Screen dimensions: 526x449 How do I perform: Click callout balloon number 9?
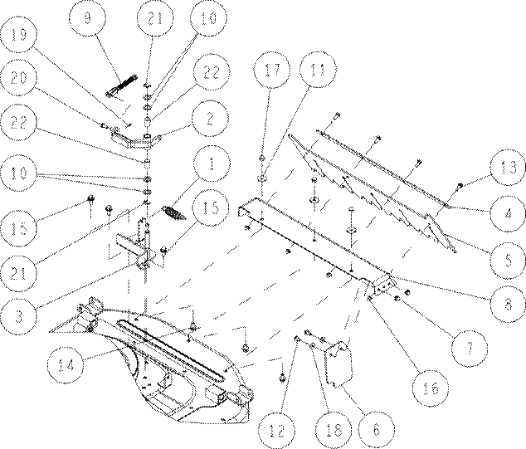(x=88, y=17)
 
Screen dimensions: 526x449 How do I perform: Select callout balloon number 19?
(x=18, y=35)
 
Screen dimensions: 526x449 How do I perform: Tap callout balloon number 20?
(x=18, y=78)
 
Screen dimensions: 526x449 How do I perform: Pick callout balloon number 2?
(x=211, y=118)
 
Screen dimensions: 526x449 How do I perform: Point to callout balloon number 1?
(x=212, y=163)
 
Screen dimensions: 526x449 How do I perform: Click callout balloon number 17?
(x=272, y=70)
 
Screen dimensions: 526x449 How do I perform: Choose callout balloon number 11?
(x=318, y=70)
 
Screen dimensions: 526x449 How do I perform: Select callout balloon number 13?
(x=508, y=167)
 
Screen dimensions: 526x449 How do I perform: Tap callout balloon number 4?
(x=508, y=213)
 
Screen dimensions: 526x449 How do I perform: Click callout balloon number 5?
(x=508, y=260)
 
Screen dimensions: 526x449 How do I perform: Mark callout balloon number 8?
(x=508, y=304)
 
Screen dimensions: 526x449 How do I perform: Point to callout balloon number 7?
(x=470, y=347)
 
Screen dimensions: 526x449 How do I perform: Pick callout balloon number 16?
(x=431, y=388)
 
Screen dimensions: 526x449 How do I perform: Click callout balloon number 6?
(x=377, y=429)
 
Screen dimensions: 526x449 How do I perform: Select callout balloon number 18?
(x=334, y=429)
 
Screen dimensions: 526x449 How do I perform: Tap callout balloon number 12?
(x=276, y=429)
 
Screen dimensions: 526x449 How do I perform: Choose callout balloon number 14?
(x=65, y=364)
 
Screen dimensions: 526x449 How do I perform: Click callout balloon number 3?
(x=18, y=316)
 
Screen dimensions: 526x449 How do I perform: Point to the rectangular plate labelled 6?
(x=338, y=364)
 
